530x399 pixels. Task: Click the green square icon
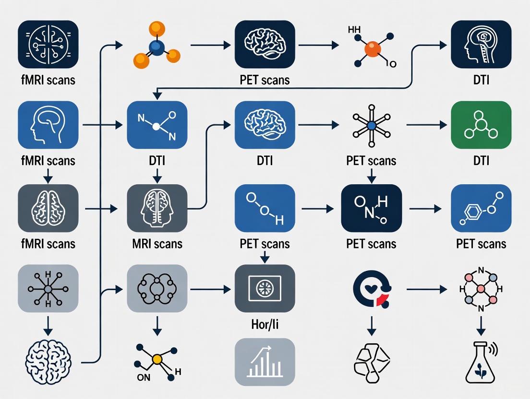click(481, 125)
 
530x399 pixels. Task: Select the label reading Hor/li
click(265, 325)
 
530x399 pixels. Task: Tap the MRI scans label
click(157, 244)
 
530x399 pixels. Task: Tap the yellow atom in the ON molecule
click(156, 359)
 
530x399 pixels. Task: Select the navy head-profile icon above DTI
click(481, 45)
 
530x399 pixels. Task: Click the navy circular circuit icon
click(48, 45)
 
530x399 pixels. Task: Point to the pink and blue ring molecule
click(481, 289)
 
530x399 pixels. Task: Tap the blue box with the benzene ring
click(481, 208)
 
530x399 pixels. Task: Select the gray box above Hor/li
click(265, 289)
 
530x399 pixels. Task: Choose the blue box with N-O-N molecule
click(157, 125)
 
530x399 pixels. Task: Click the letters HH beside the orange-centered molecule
click(354, 30)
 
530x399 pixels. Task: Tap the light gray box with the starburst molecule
click(48, 289)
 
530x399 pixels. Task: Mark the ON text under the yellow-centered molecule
click(144, 377)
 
